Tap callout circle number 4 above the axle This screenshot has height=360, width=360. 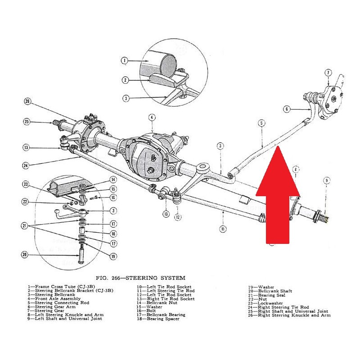point(152,117)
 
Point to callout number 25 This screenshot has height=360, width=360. point(27,121)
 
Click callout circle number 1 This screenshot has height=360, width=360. point(125,60)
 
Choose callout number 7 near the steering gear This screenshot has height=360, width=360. point(328,72)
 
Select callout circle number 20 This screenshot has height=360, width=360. point(25,255)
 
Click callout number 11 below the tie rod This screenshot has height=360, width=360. point(222,229)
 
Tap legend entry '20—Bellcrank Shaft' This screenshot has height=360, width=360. point(269,291)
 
